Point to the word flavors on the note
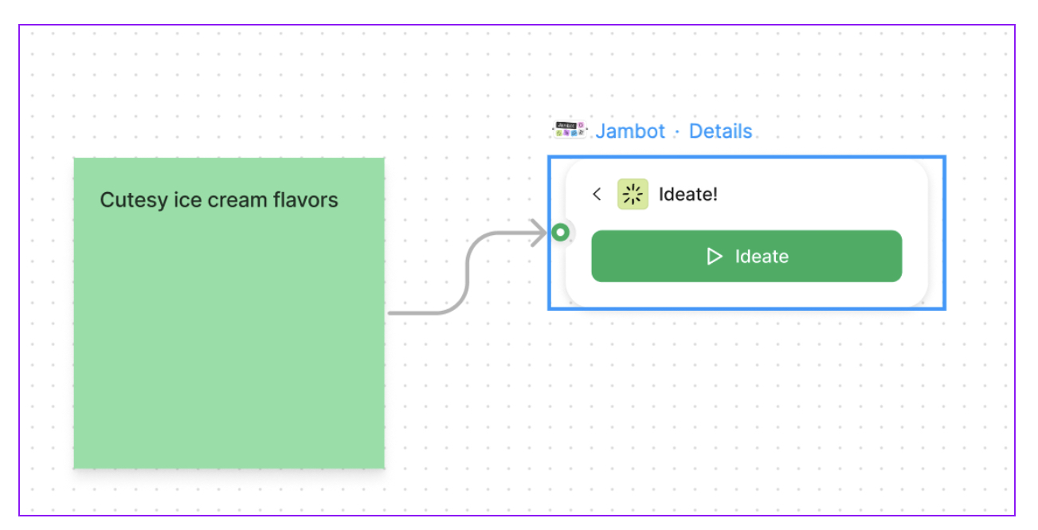307,200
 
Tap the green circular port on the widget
561,233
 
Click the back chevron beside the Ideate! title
597,194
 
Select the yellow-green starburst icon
633,194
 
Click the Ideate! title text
688,194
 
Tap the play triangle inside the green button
715,257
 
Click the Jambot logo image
570,130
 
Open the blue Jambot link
630,132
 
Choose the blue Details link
720,132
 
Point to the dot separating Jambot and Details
677,132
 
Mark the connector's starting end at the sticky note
391,312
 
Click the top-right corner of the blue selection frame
945,158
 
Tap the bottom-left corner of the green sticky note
75,467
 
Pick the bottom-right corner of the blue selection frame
945,308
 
